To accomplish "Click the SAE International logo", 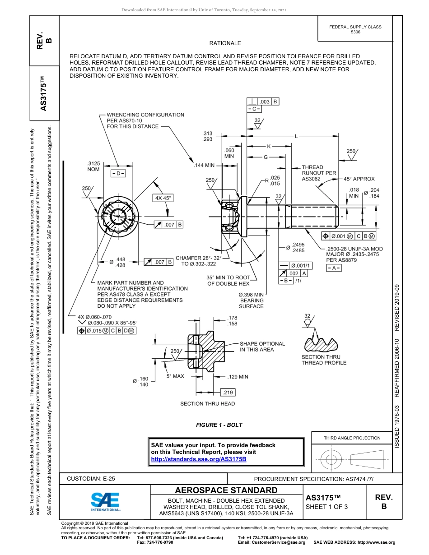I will [x=105, y=501].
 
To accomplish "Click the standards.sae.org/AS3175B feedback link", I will [x=198, y=459].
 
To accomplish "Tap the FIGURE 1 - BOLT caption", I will [x=219, y=425].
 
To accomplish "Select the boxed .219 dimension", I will [x=228, y=392].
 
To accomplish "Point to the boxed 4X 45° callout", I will [x=164, y=198].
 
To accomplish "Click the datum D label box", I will [x=118, y=174].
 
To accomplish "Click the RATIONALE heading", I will [x=225, y=43].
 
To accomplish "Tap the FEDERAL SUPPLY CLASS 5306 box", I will [x=355, y=29].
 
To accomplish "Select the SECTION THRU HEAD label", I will [x=208, y=403].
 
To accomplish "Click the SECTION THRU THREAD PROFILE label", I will [x=324, y=360].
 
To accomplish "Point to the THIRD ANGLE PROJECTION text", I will [x=352, y=438].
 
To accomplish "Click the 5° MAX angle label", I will [x=175, y=376].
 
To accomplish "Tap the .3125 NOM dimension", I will [x=93, y=166].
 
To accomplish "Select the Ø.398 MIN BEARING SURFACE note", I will [x=251, y=300].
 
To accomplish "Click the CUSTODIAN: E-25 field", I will [x=88, y=479].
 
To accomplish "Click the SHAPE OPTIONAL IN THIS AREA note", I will [x=262, y=347].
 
